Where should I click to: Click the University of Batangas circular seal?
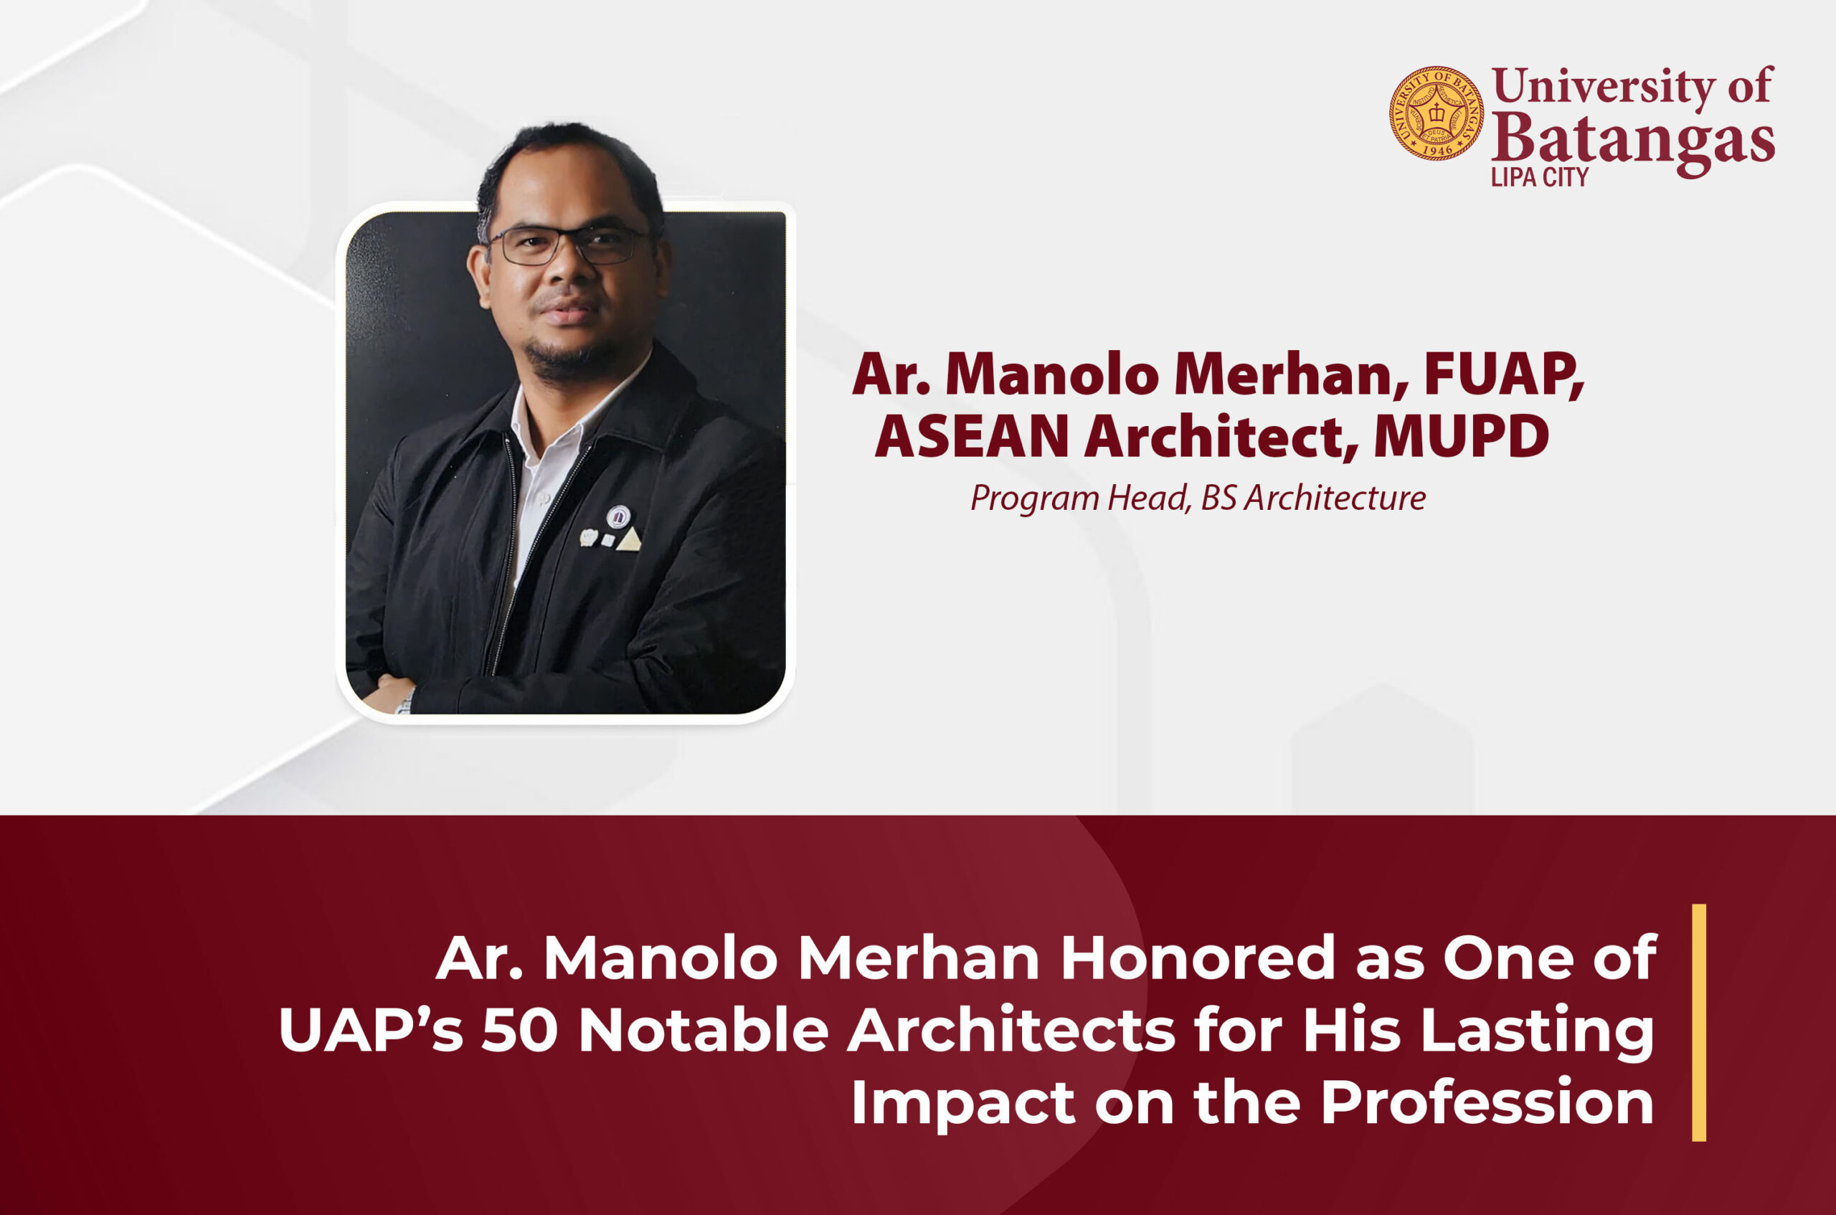pyautogui.click(x=1437, y=113)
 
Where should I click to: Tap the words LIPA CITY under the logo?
pyautogui.click(x=1539, y=177)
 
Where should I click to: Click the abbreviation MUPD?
pyautogui.click(x=1461, y=437)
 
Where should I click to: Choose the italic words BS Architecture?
pyautogui.click(x=1313, y=498)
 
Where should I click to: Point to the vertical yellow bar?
pyautogui.click(x=1699, y=1023)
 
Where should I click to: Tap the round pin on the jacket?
pyautogui.click(x=618, y=517)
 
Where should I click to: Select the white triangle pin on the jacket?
pyautogui.click(x=628, y=539)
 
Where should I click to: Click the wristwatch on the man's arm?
pyautogui.click(x=404, y=702)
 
